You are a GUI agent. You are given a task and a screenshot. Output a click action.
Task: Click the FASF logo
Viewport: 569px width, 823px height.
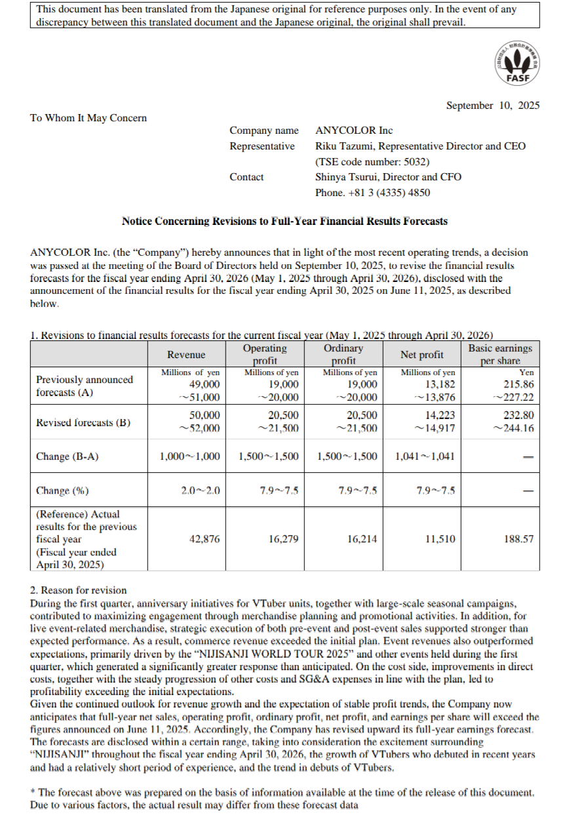(517, 63)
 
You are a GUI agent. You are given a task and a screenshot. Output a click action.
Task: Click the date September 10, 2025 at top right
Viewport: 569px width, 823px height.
(492, 106)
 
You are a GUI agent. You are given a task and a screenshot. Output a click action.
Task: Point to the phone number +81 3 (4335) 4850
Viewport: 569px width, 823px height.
(372, 192)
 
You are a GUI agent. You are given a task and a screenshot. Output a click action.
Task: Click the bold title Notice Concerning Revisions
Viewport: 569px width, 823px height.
(284, 222)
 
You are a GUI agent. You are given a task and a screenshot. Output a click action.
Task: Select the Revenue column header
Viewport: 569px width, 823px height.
(186, 355)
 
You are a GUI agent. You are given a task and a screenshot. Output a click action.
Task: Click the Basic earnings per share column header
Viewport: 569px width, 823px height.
(500, 355)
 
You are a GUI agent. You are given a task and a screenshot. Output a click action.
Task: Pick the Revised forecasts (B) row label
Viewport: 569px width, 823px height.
(83, 422)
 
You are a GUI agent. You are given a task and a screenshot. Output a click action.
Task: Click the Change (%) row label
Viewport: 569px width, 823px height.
(63, 491)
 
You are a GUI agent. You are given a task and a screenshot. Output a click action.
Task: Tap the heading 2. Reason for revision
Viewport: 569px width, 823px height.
(79, 591)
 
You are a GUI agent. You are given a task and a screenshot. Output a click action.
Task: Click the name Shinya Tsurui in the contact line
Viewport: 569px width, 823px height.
(347, 177)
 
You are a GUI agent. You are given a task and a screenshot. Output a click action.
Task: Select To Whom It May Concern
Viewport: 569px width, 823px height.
(88, 118)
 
